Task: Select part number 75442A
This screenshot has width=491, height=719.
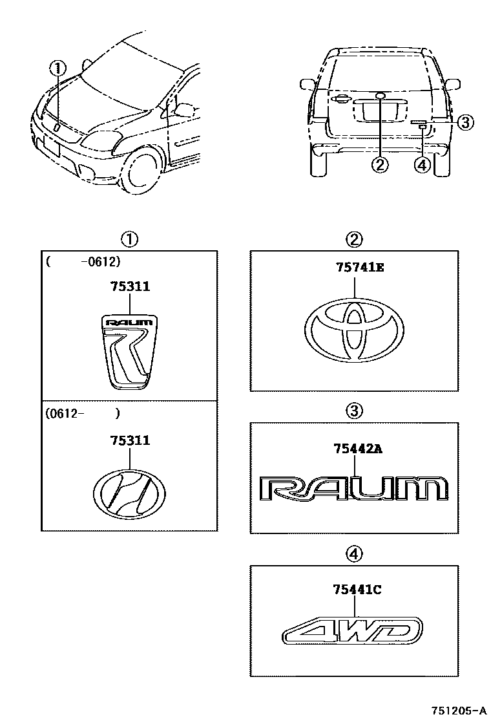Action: pyautogui.click(x=357, y=449)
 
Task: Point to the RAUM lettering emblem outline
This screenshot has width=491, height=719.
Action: pyautogui.click(x=354, y=488)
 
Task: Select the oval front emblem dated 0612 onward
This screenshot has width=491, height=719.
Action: pyautogui.click(x=130, y=493)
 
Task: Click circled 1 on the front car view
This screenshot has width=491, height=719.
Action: pyautogui.click(x=59, y=67)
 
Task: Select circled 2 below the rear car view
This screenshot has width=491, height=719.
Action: pyautogui.click(x=380, y=165)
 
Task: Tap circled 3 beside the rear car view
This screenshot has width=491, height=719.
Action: pyautogui.click(x=465, y=122)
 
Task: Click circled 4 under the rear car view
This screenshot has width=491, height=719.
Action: pyautogui.click(x=422, y=165)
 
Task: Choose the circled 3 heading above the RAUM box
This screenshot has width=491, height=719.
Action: pyautogui.click(x=355, y=409)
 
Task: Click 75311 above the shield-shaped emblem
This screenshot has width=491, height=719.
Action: pyautogui.click(x=130, y=286)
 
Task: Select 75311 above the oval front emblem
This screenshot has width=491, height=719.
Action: pyautogui.click(x=130, y=440)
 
